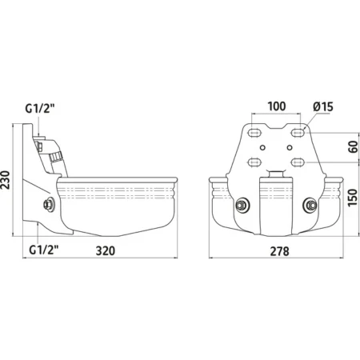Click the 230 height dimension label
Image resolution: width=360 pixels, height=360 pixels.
click(6, 180)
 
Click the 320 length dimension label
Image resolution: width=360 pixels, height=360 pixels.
click(106, 251)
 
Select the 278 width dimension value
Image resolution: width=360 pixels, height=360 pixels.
click(279, 251)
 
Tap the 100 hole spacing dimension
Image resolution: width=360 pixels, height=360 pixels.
click(277, 106)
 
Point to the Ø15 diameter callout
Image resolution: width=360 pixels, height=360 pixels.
click(323, 106)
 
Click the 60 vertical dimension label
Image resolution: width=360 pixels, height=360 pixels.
click(353, 147)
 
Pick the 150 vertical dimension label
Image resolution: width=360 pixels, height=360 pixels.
click(353, 198)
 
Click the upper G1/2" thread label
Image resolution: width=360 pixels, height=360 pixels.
click(40, 109)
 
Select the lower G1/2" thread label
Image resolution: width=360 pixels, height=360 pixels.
click(44, 250)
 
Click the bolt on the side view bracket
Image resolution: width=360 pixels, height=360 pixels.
click(49, 205)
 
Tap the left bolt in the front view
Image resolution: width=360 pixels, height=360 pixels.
click(242, 206)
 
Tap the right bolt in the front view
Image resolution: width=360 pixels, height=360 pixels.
click(310, 206)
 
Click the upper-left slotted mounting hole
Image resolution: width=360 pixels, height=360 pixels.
click(254, 132)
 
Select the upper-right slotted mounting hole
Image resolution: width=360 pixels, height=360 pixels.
click(298, 132)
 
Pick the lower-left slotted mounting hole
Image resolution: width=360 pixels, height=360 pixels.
click(254, 162)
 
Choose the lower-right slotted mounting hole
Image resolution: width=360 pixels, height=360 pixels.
click(298, 162)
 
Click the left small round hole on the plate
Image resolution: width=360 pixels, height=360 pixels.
click(262, 147)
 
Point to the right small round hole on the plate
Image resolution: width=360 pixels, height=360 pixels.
click(290, 147)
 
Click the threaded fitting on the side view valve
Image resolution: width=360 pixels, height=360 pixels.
click(56, 156)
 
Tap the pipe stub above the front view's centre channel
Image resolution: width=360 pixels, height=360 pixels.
click(276, 174)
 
